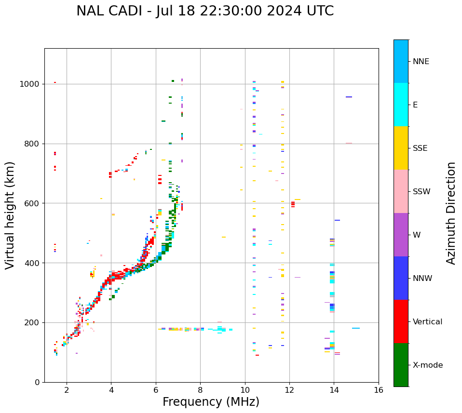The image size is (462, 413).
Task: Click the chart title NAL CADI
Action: (205, 11)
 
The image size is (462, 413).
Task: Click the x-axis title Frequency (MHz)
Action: (211, 402)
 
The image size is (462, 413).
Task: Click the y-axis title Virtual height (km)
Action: (11, 215)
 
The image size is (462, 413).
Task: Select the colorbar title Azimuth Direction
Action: (451, 213)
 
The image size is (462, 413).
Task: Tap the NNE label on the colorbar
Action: (421, 62)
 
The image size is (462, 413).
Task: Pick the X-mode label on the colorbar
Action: (428, 365)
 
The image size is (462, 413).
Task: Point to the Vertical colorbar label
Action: (428, 322)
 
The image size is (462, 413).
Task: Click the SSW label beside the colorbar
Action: (421, 192)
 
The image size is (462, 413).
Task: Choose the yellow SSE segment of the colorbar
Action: (401, 148)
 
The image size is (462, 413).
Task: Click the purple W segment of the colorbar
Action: (401, 235)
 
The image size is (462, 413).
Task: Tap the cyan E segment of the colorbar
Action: (401, 105)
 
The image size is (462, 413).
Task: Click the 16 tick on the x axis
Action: (379, 389)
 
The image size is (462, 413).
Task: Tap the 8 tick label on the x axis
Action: (200, 389)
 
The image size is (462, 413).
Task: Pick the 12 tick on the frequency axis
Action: (289, 389)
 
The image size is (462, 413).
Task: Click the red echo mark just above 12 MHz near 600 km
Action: (293, 204)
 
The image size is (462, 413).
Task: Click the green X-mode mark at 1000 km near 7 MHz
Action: (173, 81)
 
